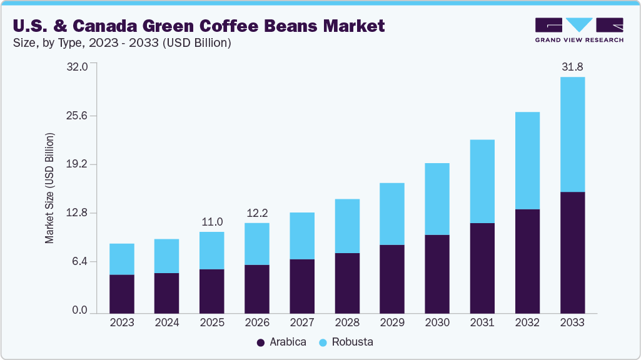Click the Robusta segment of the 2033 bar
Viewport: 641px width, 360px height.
572,134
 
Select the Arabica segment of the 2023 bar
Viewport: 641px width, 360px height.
122,294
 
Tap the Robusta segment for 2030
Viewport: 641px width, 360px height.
437,199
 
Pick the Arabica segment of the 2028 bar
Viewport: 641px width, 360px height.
347,282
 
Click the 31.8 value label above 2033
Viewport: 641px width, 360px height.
572,66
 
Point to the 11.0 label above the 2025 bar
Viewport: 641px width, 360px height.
212,221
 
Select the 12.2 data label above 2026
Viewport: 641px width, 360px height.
257,212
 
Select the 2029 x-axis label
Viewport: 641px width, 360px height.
392,322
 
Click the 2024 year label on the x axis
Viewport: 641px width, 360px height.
167,322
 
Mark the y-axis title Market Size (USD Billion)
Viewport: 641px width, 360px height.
49,188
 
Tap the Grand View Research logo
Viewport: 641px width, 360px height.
579,29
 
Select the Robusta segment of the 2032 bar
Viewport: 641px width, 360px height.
527,161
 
